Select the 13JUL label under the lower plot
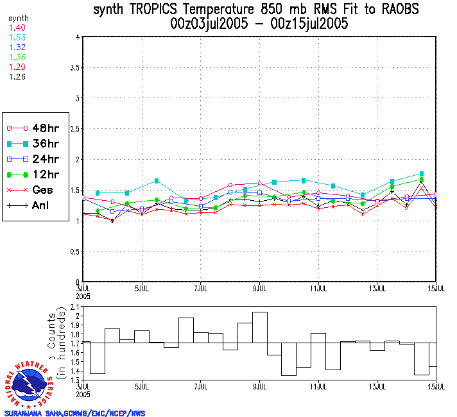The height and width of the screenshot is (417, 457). [x=378, y=387]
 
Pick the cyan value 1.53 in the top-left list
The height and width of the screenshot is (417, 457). [x=17, y=38]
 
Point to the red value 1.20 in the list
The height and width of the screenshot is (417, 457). [x=17, y=67]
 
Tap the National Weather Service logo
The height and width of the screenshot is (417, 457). [x=30, y=385]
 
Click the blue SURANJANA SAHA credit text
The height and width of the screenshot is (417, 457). [x=74, y=413]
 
